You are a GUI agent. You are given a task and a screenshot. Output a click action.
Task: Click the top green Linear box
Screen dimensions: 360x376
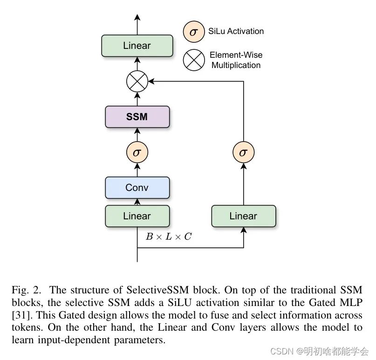(x=137, y=46)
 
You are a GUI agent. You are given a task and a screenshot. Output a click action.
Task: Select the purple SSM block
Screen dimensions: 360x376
(x=137, y=117)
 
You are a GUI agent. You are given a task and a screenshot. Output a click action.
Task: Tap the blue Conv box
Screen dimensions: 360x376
(x=137, y=188)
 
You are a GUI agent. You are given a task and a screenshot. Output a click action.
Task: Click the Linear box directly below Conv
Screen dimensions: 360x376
(x=137, y=216)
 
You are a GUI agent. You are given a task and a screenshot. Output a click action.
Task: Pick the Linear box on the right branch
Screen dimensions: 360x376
(x=244, y=216)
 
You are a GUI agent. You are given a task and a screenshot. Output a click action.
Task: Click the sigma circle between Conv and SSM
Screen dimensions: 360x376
(x=137, y=152)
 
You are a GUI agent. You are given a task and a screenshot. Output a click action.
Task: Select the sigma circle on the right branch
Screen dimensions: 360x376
(x=244, y=152)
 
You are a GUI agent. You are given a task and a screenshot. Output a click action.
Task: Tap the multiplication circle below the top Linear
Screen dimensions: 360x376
(x=137, y=82)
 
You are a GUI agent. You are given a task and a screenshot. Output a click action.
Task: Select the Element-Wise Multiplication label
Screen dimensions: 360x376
(x=236, y=60)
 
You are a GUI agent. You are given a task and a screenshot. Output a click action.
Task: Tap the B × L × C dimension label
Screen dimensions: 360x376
(x=168, y=237)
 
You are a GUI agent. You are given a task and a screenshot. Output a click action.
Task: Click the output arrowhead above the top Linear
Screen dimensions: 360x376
(x=137, y=17)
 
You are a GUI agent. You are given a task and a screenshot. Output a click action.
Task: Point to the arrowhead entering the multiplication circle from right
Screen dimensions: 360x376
(x=150, y=82)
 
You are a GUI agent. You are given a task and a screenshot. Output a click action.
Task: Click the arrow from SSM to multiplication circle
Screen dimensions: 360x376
(x=137, y=99)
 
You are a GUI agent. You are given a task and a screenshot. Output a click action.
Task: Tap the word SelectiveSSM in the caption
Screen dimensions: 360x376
(x=153, y=289)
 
